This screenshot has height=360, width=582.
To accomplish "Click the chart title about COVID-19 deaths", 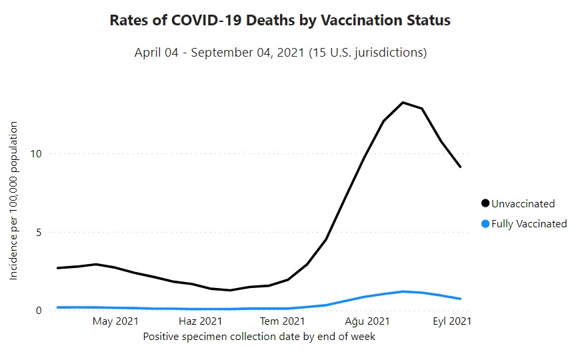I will point(280,21).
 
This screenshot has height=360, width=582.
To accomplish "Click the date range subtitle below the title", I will point(280,52).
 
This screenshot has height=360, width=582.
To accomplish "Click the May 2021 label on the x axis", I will point(115,321).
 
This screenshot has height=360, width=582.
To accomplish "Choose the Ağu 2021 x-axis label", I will point(367,321).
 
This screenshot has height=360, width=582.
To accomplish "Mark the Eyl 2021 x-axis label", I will point(451,321).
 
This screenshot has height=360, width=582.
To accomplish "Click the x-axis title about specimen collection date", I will point(259,337).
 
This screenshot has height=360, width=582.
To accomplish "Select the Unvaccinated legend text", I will point(523,204).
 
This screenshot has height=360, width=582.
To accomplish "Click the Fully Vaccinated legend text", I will point(529,224).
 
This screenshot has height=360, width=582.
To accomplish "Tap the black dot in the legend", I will point(485,203).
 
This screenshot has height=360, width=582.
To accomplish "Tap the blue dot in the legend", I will point(485,223).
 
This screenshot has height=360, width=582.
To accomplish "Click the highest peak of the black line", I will point(403,102).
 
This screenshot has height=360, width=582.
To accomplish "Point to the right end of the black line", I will point(460,167).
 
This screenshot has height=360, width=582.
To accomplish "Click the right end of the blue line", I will point(460,299).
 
